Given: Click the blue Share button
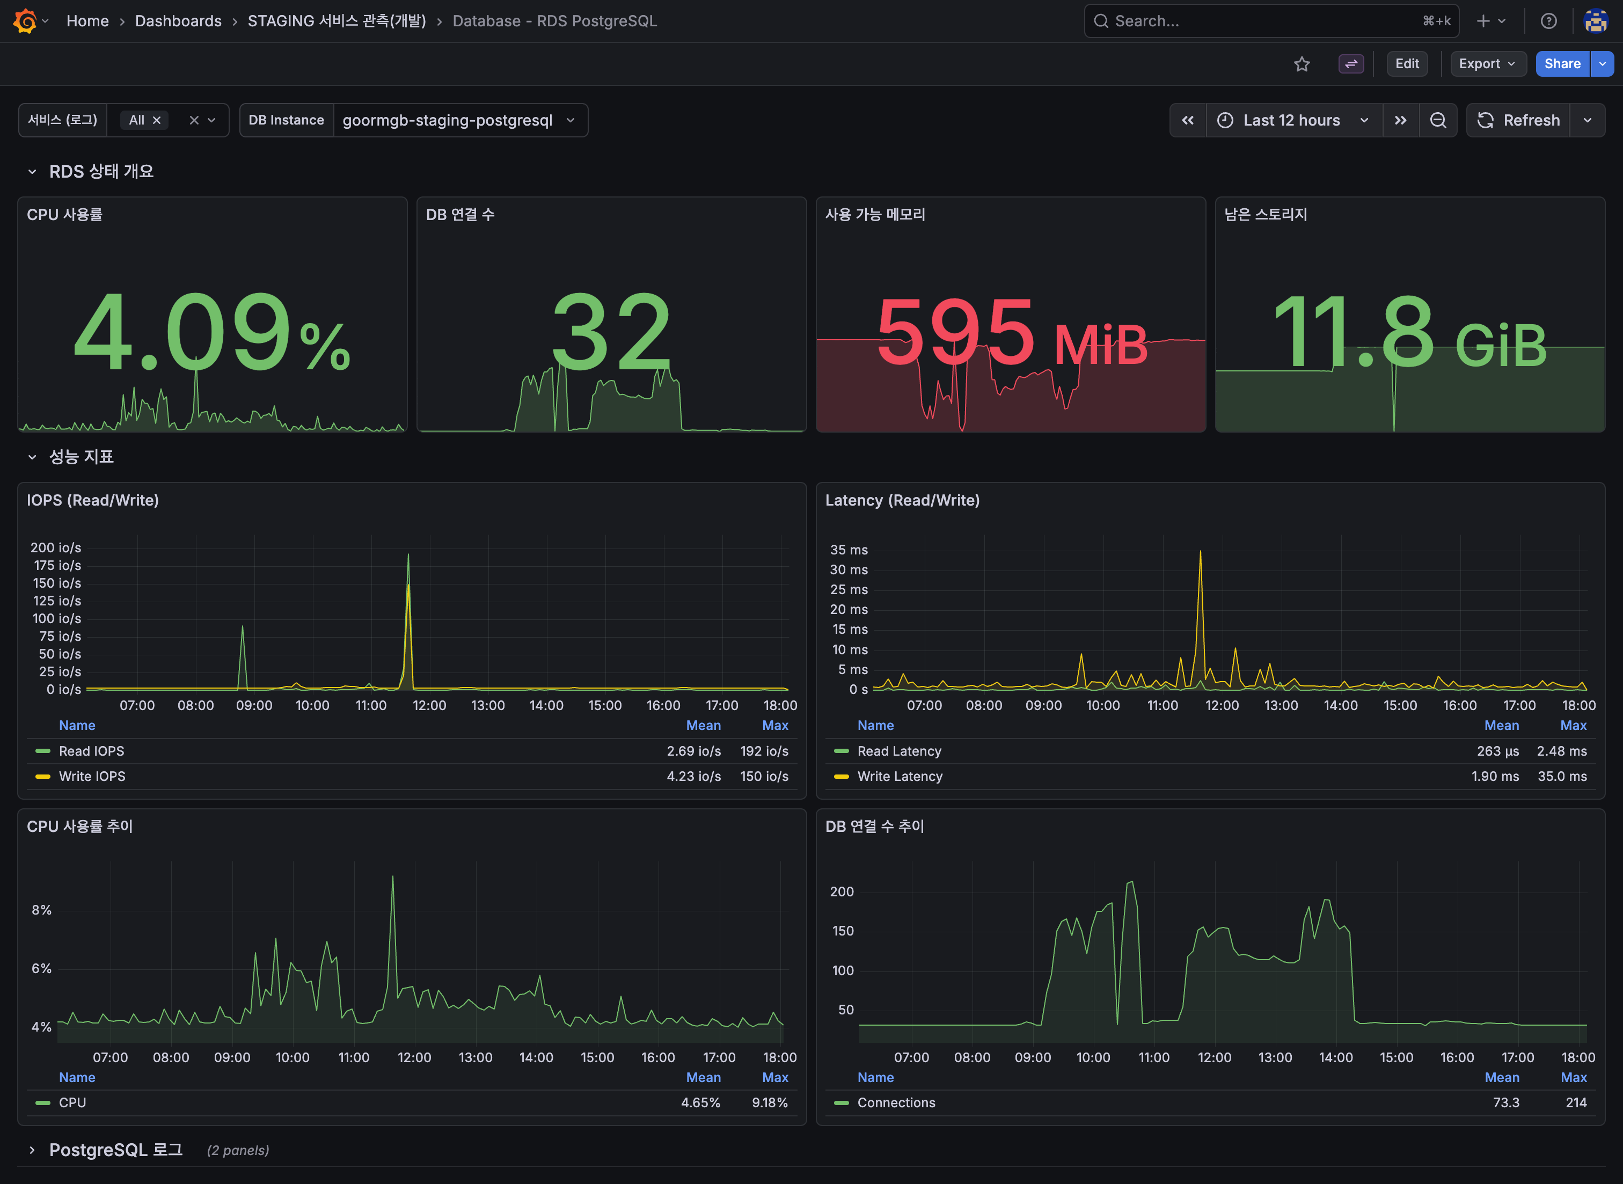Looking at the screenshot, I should point(1561,64).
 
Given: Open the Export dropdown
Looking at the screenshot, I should point(1487,64).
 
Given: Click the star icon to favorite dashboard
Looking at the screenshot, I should point(1302,64).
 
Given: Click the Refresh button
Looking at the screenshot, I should point(1518,120).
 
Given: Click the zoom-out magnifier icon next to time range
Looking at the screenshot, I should point(1437,120).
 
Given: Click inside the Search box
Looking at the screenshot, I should point(1261,21).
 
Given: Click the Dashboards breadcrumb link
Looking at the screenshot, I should point(178,21).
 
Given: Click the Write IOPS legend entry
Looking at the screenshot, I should point(92,776).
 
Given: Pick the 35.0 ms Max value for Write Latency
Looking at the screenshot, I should point(1561,776).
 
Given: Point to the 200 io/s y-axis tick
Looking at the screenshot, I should point(56,547).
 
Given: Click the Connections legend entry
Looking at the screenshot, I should point(896,1102).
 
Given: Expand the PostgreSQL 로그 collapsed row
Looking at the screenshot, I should point(115,1150).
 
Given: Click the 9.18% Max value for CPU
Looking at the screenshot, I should point(769,1102).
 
